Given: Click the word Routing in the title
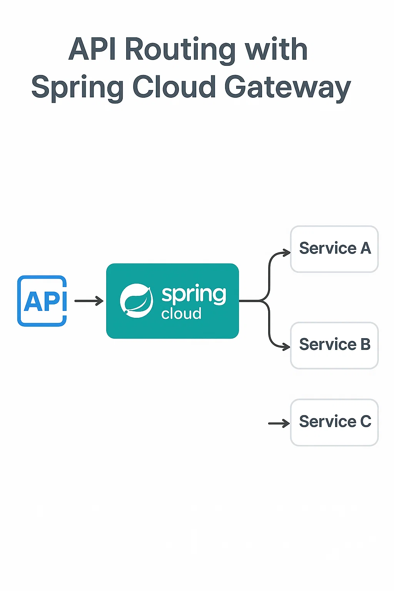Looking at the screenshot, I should [x=180, y=50].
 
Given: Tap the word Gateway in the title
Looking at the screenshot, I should [x=287, y=88].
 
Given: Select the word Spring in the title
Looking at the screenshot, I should [x=77, y=88].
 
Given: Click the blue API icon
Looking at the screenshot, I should [x=42, y=301].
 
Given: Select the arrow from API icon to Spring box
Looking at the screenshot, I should [x=89, y=301].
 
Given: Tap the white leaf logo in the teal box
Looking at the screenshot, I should [x=136, y=301].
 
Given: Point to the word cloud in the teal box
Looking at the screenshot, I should [x=181, y=314].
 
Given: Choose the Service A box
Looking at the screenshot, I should [x=334, y=249].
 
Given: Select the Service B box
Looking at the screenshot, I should [x=334, y=346].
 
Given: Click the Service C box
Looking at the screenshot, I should [x=334, y=422].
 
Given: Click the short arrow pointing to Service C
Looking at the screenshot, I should [x=279, y=424].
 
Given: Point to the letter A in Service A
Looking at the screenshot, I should [x=366, y=249].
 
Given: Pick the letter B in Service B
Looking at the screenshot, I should [x=366, y=345].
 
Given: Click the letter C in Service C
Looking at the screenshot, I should [x=366, y=422].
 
